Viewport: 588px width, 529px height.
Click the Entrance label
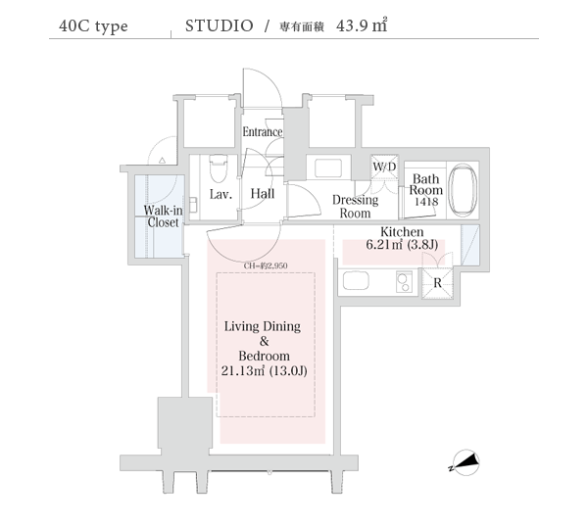tap(262, 132)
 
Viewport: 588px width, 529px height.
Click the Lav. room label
tap(220, 194)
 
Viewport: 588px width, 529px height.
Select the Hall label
tap(262, 194)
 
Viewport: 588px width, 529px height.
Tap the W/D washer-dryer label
tap(384, 167)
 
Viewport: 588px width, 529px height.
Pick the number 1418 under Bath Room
tap(425, 201)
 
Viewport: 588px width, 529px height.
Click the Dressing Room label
tap(354, 206)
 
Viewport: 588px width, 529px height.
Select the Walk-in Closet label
tap(162, 216)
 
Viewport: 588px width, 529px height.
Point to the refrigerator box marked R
tap(435, 282)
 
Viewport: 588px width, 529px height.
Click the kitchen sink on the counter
tap(355, 282)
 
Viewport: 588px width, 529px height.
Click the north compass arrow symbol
tap(465, 461)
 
